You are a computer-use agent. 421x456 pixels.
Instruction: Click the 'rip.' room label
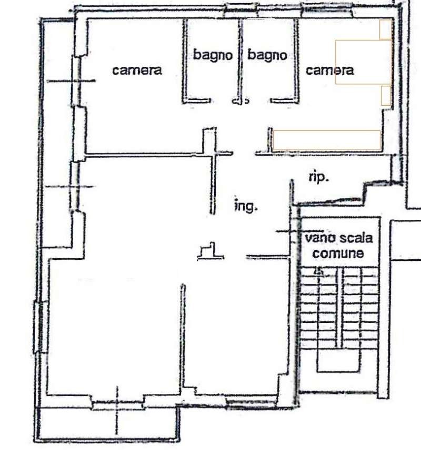point(318,177)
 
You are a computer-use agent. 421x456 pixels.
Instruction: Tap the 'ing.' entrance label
point(246,206)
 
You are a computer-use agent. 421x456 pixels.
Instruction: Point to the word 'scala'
point(356,238)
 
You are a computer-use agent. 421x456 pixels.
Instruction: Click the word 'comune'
point(338,254)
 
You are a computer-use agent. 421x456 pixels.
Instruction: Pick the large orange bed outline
point(364,62)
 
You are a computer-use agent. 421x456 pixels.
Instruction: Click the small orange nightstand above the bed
point(386,29)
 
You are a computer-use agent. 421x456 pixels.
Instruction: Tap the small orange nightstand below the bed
point(386,96)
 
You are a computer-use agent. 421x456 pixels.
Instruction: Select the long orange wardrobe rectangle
point(327,140)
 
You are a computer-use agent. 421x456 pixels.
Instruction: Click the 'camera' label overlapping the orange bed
point(329,70)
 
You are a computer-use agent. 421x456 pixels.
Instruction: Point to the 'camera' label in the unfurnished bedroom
point(137,70)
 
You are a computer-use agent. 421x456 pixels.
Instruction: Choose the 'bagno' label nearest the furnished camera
point(267,55)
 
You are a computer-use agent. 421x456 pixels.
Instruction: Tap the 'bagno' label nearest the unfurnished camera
point(213,55)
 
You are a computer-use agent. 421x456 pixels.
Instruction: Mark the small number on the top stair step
point(319,271)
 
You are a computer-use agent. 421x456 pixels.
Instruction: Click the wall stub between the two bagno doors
point(240,101)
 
